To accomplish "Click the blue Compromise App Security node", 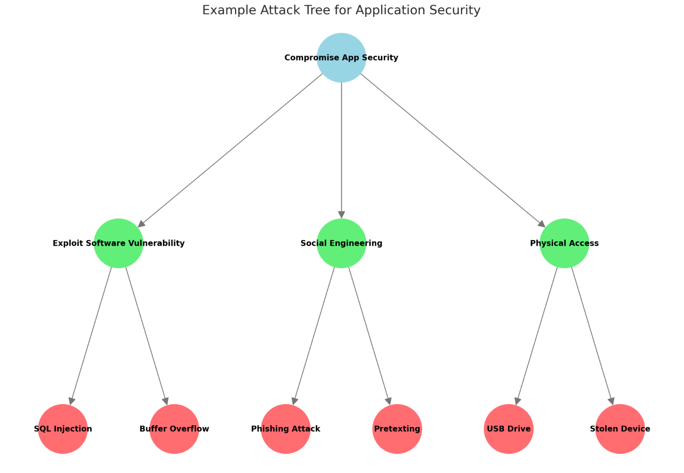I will click(341, 58).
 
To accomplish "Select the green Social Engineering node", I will click(341, 243).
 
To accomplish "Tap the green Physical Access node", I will click(564, 243).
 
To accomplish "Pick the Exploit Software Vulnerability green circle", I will click(119, 243).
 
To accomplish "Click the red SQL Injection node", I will click(63, 429).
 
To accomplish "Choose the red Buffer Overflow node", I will click(174, 429).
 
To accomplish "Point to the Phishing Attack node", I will click(286, 429).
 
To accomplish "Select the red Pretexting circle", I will click(397, 429).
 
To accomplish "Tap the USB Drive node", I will click(509, 429).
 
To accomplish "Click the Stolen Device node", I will click(620, 429).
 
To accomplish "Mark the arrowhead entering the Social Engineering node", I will click(341, 215).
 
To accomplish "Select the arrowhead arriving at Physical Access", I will click(541, 224).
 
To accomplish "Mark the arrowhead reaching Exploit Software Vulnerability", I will click(141, 224).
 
